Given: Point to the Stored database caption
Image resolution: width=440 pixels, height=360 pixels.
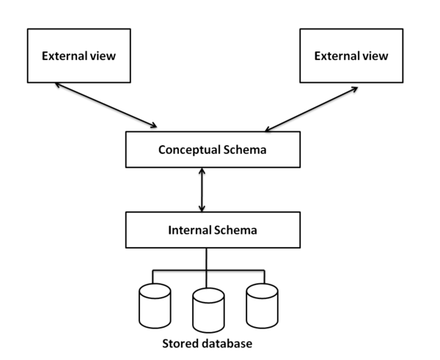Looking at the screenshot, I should pos(208,342).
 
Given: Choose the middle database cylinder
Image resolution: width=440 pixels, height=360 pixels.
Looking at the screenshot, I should pos(208,312).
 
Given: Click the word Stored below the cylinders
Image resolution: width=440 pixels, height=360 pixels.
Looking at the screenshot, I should pos(179,342).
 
